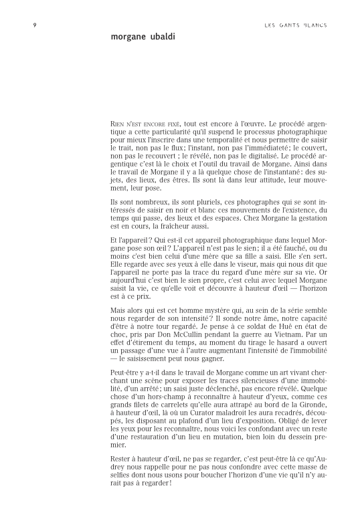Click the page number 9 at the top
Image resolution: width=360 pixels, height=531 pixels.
[34, 25]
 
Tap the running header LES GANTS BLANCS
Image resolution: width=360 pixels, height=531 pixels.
[295, 25]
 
